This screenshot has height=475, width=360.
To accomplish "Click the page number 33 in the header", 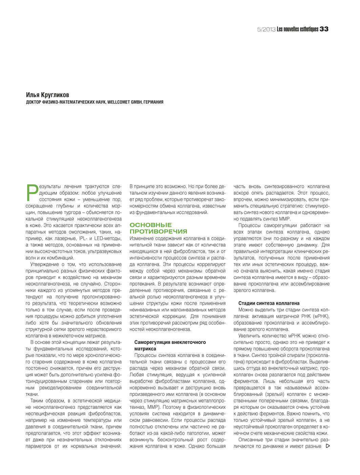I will click(324, 29).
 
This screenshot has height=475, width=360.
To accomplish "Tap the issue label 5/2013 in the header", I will click(266, 29).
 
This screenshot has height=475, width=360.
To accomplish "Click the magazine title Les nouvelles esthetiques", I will click(297, 29).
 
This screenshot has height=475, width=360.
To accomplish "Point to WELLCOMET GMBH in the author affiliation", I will click(123, 102).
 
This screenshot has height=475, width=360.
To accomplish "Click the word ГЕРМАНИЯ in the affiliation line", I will click(153, 102).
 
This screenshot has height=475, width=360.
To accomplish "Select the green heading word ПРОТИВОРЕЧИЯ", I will click(158, 232).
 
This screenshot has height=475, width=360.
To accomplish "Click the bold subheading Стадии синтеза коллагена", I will click(269, 303).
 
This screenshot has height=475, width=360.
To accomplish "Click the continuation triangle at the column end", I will click(327, 446).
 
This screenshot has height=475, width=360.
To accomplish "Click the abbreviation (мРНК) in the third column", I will click(320, 316).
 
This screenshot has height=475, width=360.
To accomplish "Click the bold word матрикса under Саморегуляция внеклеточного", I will click(145, 348).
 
